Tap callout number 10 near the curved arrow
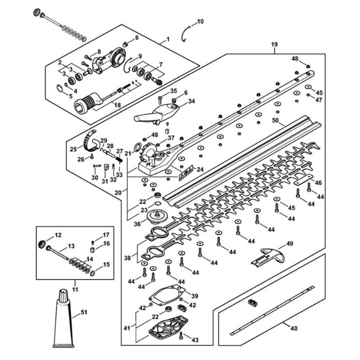pos(200,22)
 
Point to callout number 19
pos(274,44)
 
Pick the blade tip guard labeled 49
pos(271,255)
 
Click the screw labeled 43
pos(181,336)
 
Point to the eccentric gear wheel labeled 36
pos(157,217)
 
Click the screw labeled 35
pos(160,98)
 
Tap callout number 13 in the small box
pos(71,246)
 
